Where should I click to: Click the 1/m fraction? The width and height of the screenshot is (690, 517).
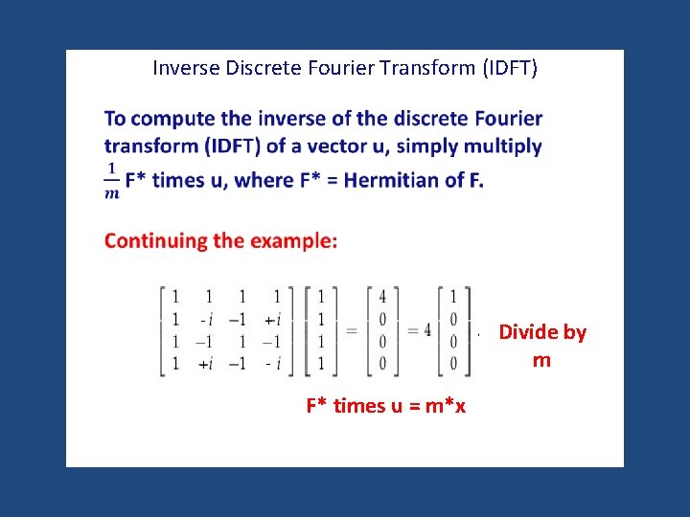pos(111,179)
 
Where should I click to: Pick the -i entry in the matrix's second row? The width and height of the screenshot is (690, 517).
pos(204,319)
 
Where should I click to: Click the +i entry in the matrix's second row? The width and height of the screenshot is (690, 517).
pos(271,319)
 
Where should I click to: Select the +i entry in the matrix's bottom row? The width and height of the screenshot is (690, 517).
pos(204,363)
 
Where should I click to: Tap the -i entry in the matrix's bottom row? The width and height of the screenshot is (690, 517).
pos(273,363)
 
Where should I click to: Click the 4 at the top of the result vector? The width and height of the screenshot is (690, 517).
pos(382,297)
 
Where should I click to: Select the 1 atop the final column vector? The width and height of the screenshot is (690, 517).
pos(453,297)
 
